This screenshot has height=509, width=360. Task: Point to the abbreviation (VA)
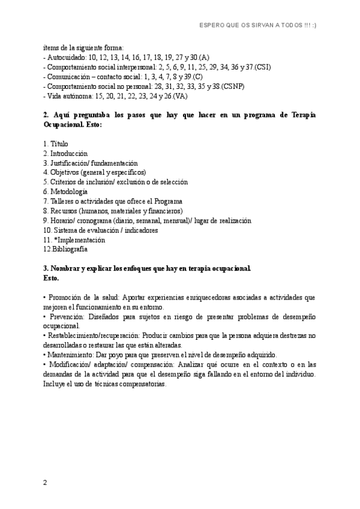tap(180, 95)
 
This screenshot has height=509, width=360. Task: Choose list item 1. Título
tap(56, 143)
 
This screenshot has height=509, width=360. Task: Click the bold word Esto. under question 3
tap(52, 278)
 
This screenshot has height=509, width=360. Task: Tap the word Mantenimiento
tap(71, 355)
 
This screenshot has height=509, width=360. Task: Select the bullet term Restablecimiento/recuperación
tap(90, 336)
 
